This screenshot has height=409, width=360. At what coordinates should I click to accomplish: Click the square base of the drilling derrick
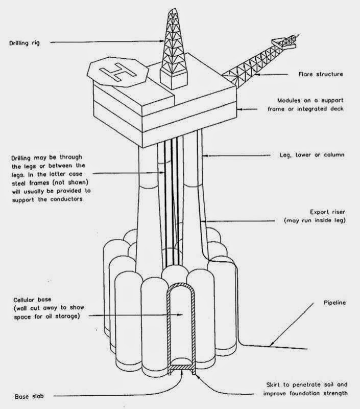coord(173,77)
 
